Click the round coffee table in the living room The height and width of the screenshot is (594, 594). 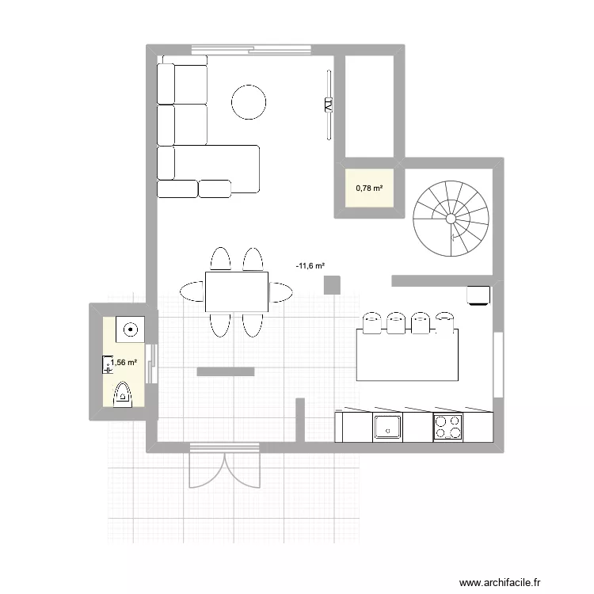coord(248,101)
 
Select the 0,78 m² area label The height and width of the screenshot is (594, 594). coord(370,188)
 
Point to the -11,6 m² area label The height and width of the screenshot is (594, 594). coord(310,267)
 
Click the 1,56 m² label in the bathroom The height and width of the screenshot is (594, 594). coord(124,363)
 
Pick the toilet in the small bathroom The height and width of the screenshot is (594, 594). coord(123,394)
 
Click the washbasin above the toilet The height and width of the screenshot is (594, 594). coord(129,327)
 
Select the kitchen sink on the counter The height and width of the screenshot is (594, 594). coord(387,426)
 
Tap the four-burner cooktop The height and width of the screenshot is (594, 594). coord(448,427)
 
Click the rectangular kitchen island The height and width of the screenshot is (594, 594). coord(407,355)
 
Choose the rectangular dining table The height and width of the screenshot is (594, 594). coord(236,291)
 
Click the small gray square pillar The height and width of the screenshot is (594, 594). coord(332,284)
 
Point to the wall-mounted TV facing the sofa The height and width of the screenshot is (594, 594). coord(326,103)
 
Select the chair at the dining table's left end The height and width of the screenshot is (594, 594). coord(192,291)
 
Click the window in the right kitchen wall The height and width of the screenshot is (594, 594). coord(497,364)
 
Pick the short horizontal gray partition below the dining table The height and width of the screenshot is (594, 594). coord(225,371)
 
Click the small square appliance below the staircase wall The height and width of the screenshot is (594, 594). coord(478,295)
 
